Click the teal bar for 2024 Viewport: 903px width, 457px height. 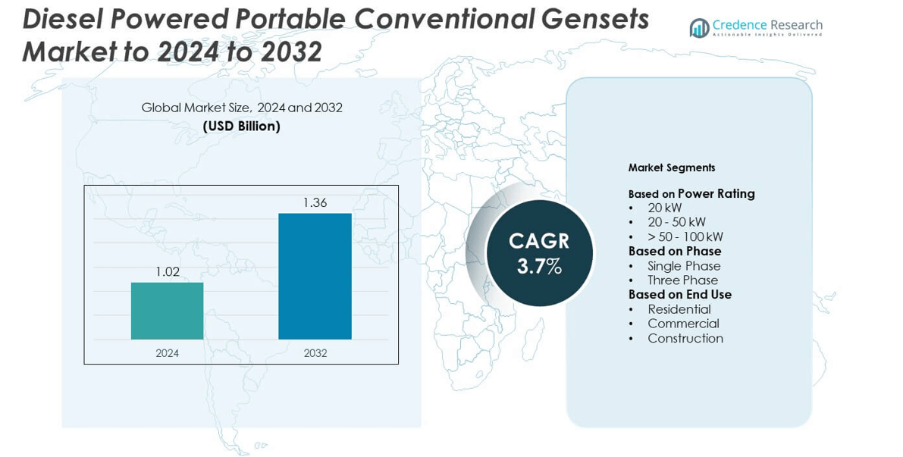pyautogui.click(x=167, y=311)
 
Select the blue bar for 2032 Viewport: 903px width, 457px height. pyautogui.click(x=315, y=276)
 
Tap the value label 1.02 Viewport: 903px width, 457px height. pyautogui.click(x=167, y=272)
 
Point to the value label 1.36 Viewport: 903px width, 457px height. pyautogui.click(x=315, y=203)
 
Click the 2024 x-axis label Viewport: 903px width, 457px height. pyautogui.click(x=167, y=353)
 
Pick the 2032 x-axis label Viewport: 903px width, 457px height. pyautogui.click(x=315, y=353)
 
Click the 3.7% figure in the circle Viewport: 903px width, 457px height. pyautogui.click(x=539, y=266)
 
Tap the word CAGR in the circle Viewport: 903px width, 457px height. pyautogui.click(x=539, y=241)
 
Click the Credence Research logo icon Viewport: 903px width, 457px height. pyautogui.click(x=699, y=28)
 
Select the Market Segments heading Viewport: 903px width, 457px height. pyautogui.click(x=671, y=167)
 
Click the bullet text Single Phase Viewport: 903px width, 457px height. pyautogui.click(x=684, y=266)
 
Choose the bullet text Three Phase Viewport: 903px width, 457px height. pyautogui.click(x=682, y=280)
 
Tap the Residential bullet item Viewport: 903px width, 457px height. pyautogui.click(x=679, y=309)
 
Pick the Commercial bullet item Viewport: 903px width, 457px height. pyautogui.click(x=683, y=324)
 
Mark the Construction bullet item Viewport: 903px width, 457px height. pyautogui.click(x=685, y=339)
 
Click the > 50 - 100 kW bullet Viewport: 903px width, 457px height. pyautogui.click(x=685, y=236)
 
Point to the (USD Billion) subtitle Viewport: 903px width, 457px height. pyautogui.click(x=242, y=127)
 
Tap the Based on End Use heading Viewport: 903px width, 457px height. pyautogui.click(x=679, y=295)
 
